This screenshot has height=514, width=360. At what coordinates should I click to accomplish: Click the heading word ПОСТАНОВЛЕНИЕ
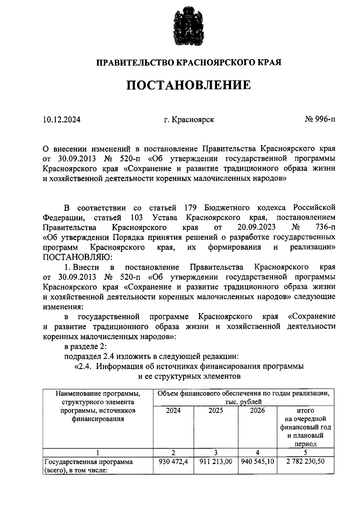pos(188,85)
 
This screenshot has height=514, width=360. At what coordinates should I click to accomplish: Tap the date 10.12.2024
pos(61,120)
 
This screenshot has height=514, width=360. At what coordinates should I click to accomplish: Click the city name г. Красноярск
pos(189,120)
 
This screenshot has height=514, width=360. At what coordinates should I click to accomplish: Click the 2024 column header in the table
pos(173,411)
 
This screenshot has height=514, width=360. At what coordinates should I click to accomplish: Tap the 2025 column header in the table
pos(216,411)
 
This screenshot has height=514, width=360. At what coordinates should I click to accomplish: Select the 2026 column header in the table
pos(257,411)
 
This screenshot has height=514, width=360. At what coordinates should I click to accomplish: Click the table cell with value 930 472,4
pos(173,462)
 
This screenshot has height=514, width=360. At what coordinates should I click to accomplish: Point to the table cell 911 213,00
pos(216,462)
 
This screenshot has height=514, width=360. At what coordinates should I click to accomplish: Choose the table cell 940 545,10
pos(257,462)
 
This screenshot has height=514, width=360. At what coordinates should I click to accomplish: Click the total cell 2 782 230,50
pos(305,462)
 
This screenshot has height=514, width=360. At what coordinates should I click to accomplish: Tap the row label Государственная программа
pos(88,462)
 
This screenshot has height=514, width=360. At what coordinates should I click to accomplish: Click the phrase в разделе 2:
pos(85,346)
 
